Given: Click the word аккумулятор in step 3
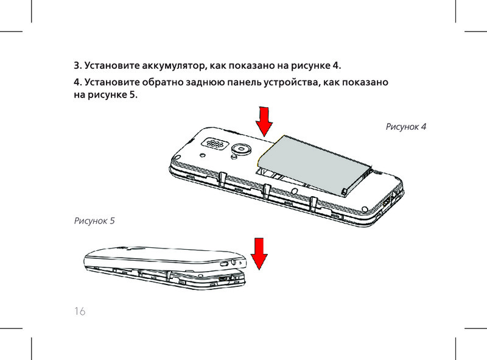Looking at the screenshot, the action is tap(173, 66).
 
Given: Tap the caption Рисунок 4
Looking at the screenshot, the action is tap(406, 127).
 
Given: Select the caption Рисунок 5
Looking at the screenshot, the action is tap(94, 221).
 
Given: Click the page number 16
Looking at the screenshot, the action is tap(80, 311).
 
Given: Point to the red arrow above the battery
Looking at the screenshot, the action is tap(264, 122).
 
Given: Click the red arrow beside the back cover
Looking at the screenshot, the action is tap(259, 253).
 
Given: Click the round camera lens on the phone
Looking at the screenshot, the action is tap(240, 149).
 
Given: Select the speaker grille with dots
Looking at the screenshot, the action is tap(214, 143).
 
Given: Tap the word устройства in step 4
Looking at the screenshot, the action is tap(292, 82).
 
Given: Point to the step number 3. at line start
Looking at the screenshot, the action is tap(78, 66).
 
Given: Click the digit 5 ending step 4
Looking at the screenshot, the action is tap(133, 94).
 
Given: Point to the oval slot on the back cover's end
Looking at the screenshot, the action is tap(223, 264).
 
